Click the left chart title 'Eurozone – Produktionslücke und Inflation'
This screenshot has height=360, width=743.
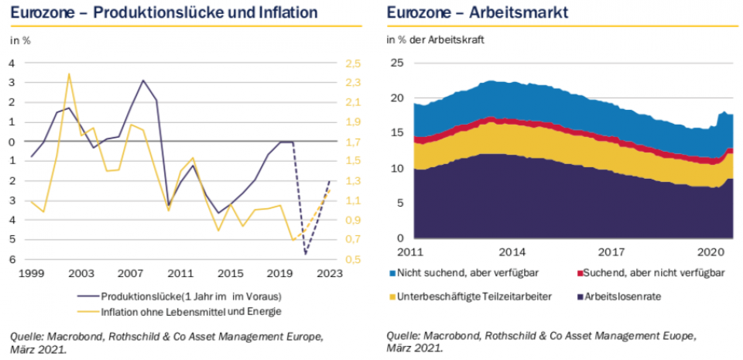163,12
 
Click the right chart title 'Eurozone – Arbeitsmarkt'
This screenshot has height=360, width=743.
478,12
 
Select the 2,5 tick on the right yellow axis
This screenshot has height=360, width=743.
353,63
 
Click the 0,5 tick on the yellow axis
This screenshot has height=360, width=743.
353,259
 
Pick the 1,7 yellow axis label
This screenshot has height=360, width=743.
353,142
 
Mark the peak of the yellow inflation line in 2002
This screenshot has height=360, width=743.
69,74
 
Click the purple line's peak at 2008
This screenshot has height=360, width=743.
143,81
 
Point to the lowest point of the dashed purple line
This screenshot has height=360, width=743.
305,253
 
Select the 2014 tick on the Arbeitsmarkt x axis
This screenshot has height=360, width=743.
512,252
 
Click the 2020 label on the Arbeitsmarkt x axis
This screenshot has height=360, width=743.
711,252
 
